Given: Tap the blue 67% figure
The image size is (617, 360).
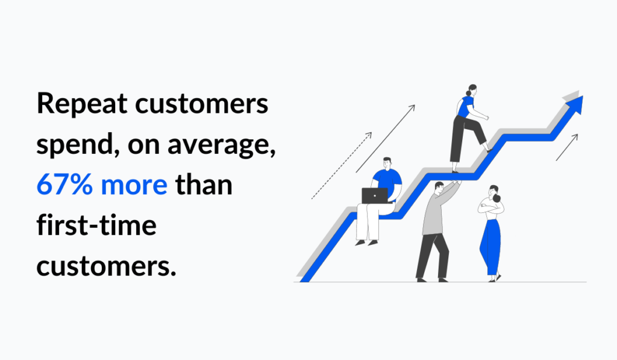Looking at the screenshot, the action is (64, 185).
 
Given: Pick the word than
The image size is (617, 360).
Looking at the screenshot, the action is (204, 184).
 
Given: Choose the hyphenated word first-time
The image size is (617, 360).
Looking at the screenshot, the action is (96, 224).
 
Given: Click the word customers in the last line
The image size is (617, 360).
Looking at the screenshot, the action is (106, 267).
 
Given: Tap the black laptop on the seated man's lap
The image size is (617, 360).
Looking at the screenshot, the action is (375, 195).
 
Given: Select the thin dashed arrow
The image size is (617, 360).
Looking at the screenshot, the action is (341, 166).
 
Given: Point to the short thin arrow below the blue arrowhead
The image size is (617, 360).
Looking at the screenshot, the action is (566, 147).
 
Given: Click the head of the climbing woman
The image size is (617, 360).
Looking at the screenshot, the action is (471, 90).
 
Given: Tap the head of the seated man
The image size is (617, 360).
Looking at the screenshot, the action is (387, 163).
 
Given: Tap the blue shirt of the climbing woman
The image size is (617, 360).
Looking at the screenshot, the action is (466, 107).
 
